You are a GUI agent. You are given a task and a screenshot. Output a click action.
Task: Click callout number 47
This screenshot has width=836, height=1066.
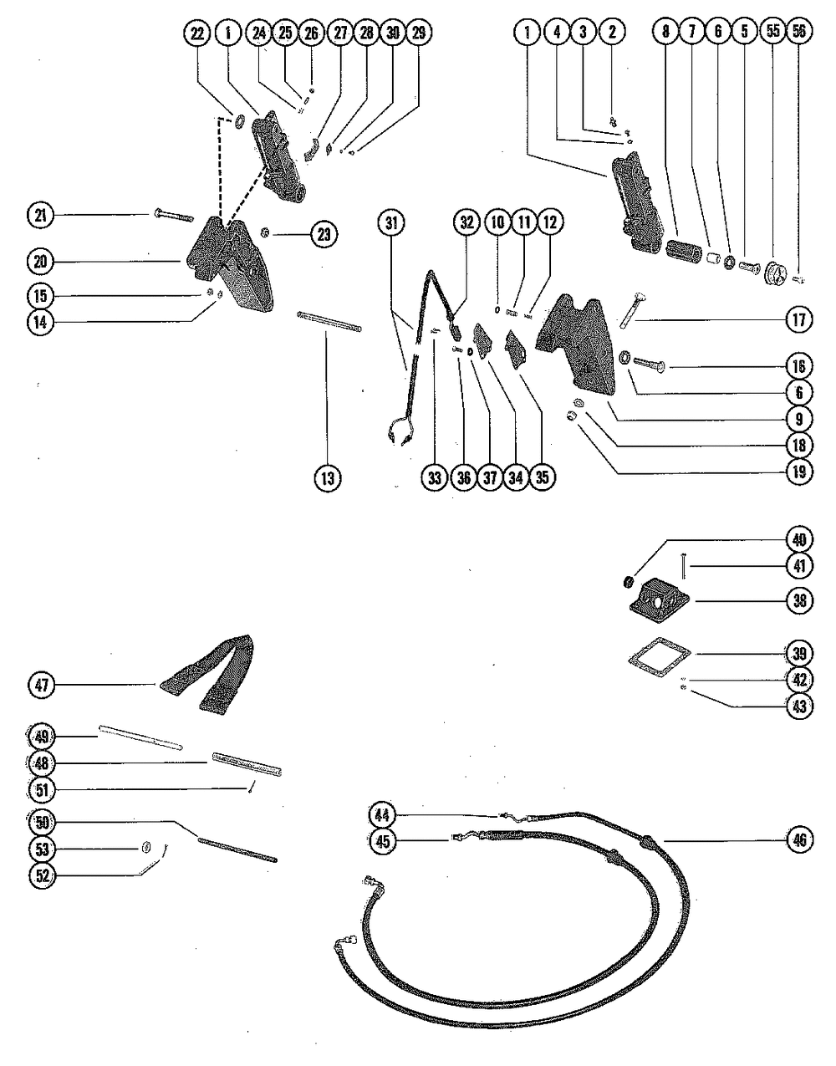click(41, 686)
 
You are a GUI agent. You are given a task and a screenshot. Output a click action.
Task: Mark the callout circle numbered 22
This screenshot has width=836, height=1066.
click(196, 33)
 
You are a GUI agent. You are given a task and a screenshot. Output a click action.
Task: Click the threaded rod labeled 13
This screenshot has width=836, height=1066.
click(329, 322)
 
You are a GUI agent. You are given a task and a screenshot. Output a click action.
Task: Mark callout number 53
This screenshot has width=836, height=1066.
click(41, 849)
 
